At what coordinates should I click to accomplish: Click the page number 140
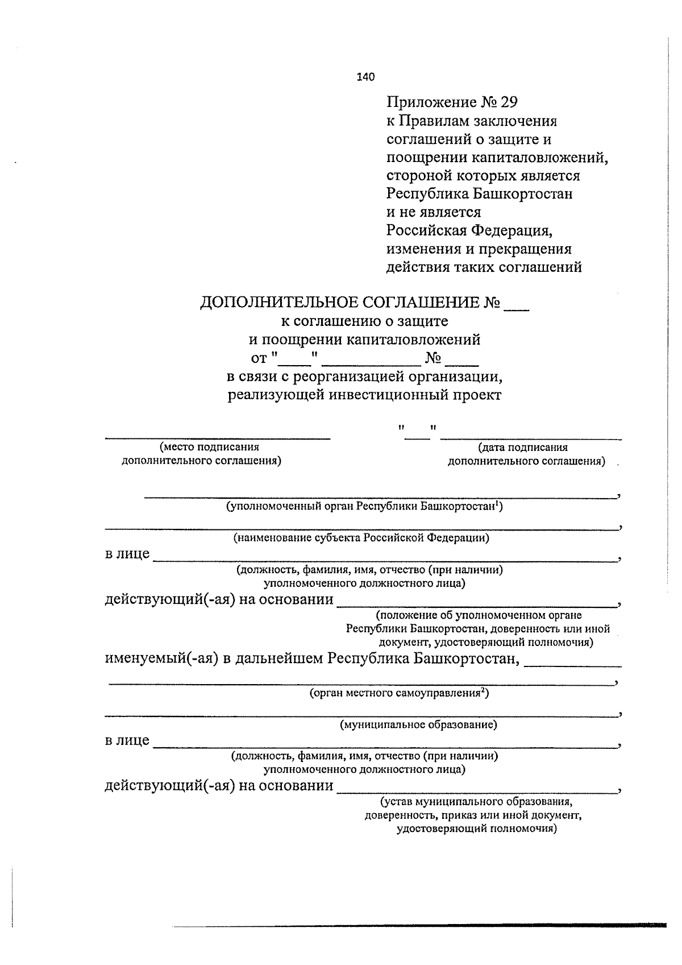pos(365,77)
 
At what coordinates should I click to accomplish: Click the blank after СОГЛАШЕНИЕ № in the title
pos(517,306)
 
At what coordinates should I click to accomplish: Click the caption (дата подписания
pos(523,448)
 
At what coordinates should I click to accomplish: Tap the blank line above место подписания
pos(217,437)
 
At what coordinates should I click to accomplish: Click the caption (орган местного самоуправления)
pos(399,693)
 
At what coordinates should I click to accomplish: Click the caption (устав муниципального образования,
pos(476,802)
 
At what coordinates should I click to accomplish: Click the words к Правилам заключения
pos(472,121)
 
